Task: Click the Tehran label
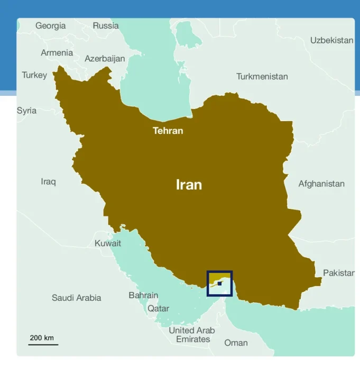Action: click(x=168, y=131)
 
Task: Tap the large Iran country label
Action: click(x=189, y=185)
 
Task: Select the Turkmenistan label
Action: click(x=262, y=77)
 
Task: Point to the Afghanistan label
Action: click(x=321, y=184)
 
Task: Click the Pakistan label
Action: click(x=338, y=273)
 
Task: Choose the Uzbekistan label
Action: click(x=331, y=40)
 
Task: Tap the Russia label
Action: click(x=106, y=26)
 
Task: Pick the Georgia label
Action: click(x=51, y=26)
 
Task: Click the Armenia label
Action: click(x=57, y=53)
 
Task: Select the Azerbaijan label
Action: click(x=105, y=59)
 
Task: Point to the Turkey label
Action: click(x=34, y=75)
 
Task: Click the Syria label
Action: click(x=27, y=111)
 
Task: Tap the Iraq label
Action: click(x=48, y=181)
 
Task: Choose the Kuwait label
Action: click(x=108, y=243)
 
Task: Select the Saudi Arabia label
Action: click(x=76, y=298)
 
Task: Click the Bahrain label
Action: click(x=143, y=295)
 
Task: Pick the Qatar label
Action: click(x=158, y=308)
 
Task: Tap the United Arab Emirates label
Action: click(x=192, y=335)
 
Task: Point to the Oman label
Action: click(x=236, y=343)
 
